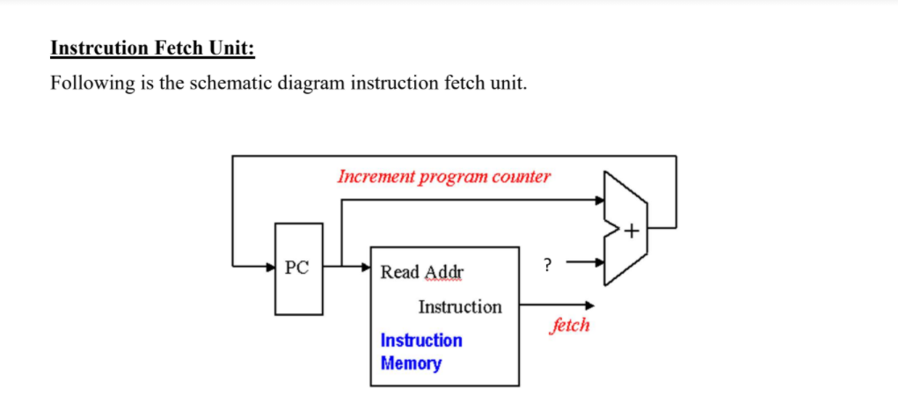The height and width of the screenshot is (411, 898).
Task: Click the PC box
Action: (x=298, y=268)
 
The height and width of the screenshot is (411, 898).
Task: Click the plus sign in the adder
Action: (x=632, y=231)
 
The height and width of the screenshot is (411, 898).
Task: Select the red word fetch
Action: (x=569, y=325)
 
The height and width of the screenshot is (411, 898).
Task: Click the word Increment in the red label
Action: (x=376, y=176)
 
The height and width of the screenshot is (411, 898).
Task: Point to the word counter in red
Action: (x=522, y=176)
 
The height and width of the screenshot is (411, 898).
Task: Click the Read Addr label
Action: (x=421, y=272)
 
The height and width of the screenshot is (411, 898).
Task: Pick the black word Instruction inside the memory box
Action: (x=460, y=307)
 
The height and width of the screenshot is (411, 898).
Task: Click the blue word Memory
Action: (x=411, y=363)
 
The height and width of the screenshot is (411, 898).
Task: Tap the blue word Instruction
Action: (x=421, y=340)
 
